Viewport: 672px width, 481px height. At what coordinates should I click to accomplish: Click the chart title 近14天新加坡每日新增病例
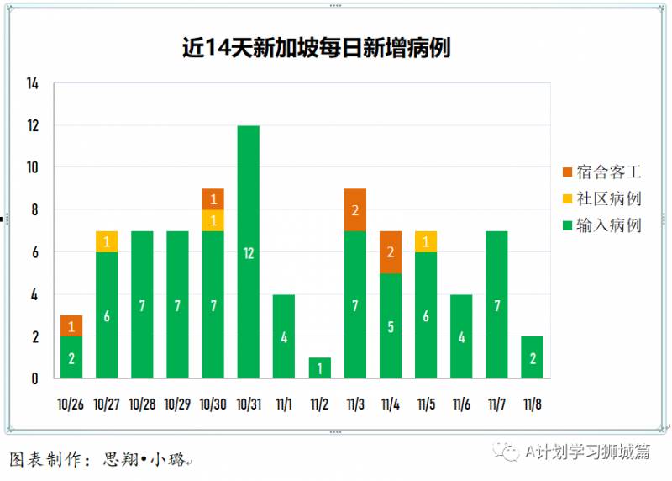click(x=316, y=47)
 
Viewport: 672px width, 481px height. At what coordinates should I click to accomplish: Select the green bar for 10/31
click(x=248, y=251)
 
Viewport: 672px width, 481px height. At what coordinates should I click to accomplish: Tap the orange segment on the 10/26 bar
click(x=71, y=326)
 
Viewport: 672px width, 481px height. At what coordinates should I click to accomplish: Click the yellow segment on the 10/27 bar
click(x=107, y=241)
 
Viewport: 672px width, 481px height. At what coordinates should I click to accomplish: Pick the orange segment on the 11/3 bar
click(x=354, y=210)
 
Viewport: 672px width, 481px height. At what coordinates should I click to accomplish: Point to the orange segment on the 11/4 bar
click(x=390, y=252)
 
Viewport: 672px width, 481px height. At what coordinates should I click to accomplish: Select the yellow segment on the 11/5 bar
click(x=425, y=241)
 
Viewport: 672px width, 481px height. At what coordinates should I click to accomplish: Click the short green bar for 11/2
click(x=319, y=368)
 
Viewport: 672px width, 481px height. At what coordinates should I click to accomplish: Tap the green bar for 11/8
click(x=532, y=357)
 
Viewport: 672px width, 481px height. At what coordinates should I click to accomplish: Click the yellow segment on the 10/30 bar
click(x=213, y=220)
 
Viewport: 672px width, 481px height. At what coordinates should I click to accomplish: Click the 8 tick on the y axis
click(x=35, y=210)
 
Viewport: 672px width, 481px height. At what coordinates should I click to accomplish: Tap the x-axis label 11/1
click(x=284, y=404)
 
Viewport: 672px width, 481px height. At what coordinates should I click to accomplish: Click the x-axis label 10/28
click(x=142, y=404)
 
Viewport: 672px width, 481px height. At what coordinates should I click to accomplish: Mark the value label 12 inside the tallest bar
click(x=249, y=252)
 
